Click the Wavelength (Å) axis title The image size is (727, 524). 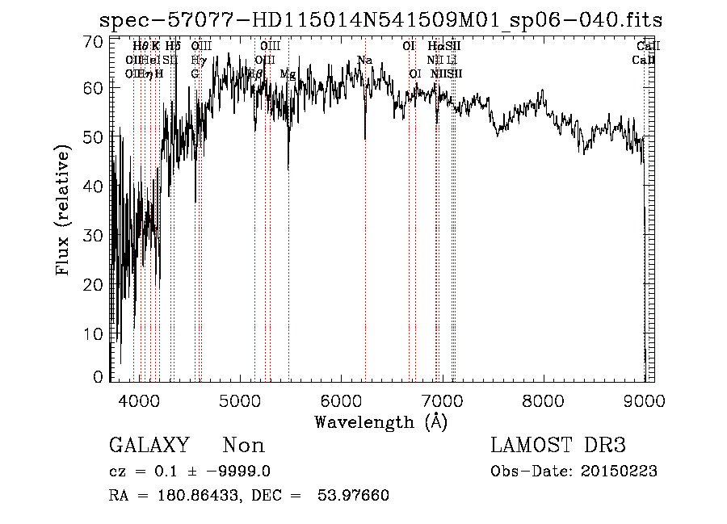point(380,421)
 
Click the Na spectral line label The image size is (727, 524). point(364,60)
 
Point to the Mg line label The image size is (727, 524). point(287,73)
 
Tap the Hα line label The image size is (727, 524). point(435,46)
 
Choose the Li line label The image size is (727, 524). point(452,60)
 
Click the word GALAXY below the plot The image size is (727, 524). point(149,445)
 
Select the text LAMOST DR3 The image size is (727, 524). point(558,445)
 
